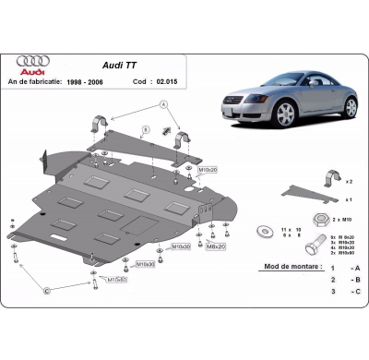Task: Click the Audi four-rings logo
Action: pyautogui.click(x=33, y=61)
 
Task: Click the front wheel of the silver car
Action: pyautogui.click(x=286, y=114)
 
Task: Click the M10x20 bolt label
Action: pyautogui.click(x=208, y=171)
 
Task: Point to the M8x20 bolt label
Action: pyautogui.click(x=216, y=247)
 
